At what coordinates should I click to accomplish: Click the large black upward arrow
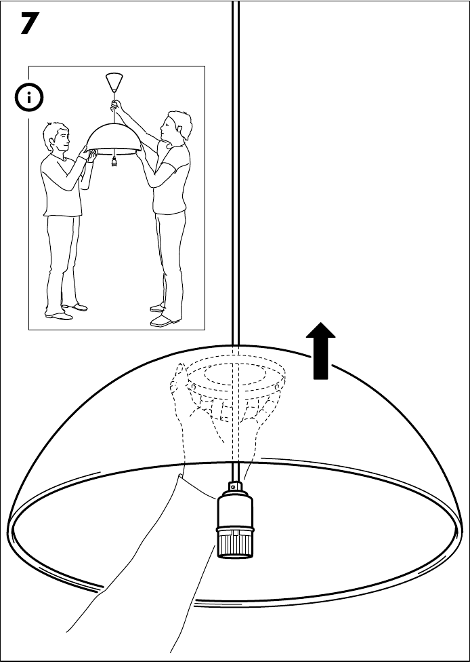pyautogui.click(x=321, y=350)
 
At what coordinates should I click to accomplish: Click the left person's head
pyautogui.click(x=57, y=138)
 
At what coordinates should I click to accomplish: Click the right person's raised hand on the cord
pyautogui.click(x=116, y=105)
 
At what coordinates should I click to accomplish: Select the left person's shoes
pyautogui.click(x=64, y=312)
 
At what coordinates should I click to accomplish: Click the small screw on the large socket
pyautogui.click(x=234, y=486)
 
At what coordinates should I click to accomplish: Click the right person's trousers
pyautogui.click(x=168, y=258)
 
